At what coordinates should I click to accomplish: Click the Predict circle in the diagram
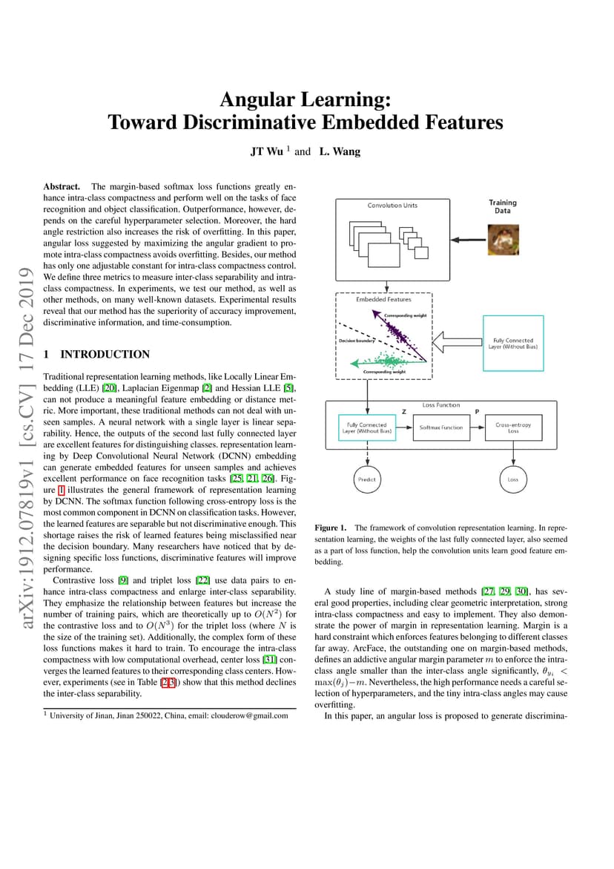[x=366, y=479]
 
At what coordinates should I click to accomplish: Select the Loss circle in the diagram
[x=512, y=479]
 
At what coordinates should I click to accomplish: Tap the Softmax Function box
[x=440, y=427]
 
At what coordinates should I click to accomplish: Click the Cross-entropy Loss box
[x=513, y=427]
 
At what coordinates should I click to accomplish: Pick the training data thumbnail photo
[x=504, y=240]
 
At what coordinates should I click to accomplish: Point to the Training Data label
[x=503, y=206]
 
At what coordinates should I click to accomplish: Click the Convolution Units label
[x=392, y=205]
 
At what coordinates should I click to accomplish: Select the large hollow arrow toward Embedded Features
[x=458, y=342]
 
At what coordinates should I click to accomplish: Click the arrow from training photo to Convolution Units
[x=469, y=240]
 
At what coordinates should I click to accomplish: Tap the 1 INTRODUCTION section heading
[x=97, y=354]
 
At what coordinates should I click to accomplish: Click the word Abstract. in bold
[x=62, y=187]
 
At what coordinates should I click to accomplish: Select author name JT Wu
[x=267, y=151]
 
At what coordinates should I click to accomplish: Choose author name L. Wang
[x=340, y=151]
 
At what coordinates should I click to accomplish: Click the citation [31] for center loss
[x=270, y=660]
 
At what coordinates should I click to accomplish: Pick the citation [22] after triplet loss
[x=202, y=580]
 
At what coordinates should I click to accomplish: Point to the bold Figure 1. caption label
[x=331, y=528]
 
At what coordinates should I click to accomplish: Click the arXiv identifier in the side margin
[x=26, y=537]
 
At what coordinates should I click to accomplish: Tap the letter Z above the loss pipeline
[x=404, y=412]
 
